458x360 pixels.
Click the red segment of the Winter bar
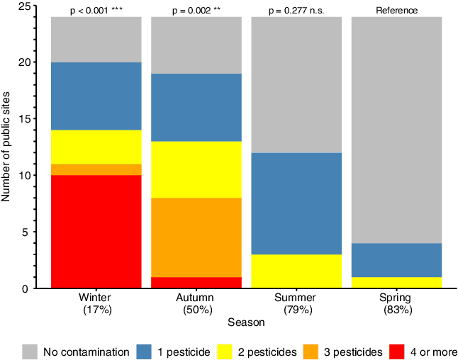(96, 231)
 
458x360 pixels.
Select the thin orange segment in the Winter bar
(96, 169)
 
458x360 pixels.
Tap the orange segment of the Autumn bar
(196, 237)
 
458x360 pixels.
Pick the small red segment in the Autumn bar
(196, 283)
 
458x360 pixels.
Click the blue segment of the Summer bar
(296, 203)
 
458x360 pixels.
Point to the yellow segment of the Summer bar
(296, 271)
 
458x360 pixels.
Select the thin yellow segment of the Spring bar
(396, 283)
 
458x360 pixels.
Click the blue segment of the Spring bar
(396, 260)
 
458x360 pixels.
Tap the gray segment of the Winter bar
(96, 40)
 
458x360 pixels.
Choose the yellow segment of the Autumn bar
(196, 169)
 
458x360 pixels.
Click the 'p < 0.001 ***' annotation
(96, 11)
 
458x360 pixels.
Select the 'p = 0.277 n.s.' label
(296, 11)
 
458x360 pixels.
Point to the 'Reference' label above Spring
(396, 11)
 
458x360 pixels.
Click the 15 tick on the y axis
(33, 118)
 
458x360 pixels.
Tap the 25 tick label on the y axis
(23, 6)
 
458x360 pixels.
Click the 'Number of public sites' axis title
(7, 147)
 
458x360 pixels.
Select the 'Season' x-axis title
(246, 322)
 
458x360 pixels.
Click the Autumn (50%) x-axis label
(196, 303)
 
